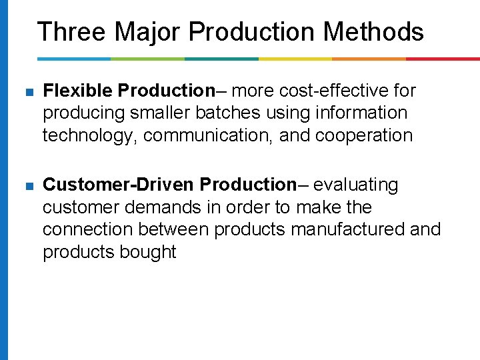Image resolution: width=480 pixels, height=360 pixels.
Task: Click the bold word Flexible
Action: [73, 91]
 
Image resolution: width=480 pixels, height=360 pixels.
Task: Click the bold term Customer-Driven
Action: [119, 184]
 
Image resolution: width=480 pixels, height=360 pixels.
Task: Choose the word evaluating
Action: [355, 185]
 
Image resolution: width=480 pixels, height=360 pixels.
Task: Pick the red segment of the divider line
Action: [443, 59]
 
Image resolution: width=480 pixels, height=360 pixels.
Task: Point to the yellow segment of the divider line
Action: [295, 59]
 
